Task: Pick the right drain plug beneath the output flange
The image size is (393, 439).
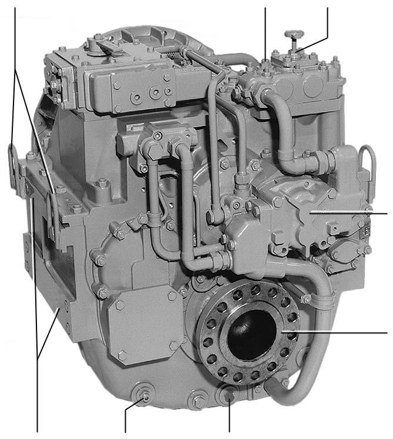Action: pyautogui.click(x=229, y=396)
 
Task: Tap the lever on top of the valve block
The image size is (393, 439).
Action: pyautogui.click(x=106, y=44)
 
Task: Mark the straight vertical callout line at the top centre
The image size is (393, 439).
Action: pyautogui.click(x=266, y=32)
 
